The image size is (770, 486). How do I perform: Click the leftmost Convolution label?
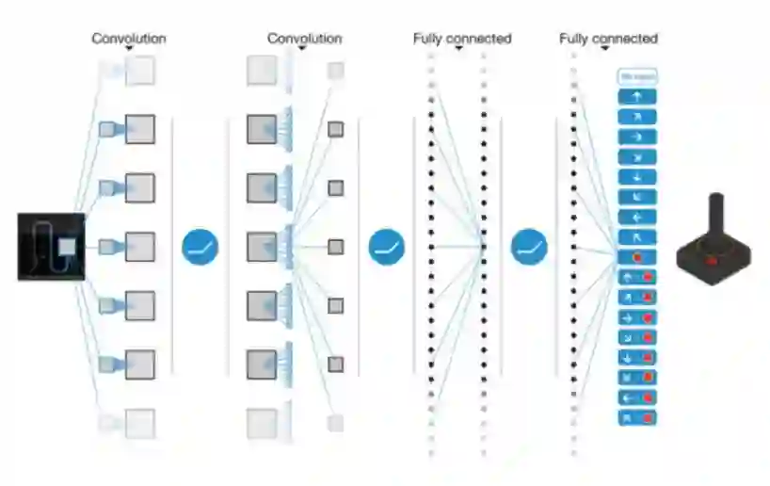(x=128, y=39)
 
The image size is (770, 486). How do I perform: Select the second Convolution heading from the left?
(x=304, y=39)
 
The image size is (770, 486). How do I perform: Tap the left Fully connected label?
(x=461, y=39)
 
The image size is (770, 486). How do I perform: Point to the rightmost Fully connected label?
(x=608, y=39)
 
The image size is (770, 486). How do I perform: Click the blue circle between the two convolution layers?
(x=201, y=247)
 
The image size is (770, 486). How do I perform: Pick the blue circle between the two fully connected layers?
(x=529, y=247)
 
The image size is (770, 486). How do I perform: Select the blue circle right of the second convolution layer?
(x=386, y=247)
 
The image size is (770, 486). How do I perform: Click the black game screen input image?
(x=51, y=247)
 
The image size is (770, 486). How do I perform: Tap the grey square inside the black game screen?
(x=67, y=247)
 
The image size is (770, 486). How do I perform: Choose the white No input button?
(x=636, y=76)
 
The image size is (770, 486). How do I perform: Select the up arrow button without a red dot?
(x=636, y=96)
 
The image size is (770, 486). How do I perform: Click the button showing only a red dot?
(x=636, y=256)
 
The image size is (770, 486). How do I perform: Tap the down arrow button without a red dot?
(x=636, y=176)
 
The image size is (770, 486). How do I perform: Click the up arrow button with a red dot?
(x=636, y=277)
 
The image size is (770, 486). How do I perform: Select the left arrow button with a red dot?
(x=636, y=397)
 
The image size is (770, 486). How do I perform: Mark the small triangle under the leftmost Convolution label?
(x=129, y=49)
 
